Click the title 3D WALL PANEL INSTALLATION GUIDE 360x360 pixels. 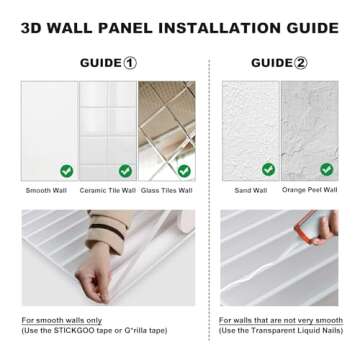point(180,28)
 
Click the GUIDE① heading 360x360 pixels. point(108,63)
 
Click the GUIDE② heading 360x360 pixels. point(279,63)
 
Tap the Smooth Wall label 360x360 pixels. point(45,190)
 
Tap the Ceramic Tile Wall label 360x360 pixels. point(107,190)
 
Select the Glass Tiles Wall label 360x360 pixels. point(166,190)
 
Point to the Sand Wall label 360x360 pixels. point(250,190)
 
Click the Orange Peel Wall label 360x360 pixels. point(309,190)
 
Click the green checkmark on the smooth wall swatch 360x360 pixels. point(66,171)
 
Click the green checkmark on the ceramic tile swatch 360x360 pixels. point(125,171)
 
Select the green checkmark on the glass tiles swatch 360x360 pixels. point(184,171)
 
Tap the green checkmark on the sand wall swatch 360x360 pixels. point(268,170)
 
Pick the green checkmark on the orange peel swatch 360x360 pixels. point(327,170)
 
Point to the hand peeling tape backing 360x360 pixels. point(100,270)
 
